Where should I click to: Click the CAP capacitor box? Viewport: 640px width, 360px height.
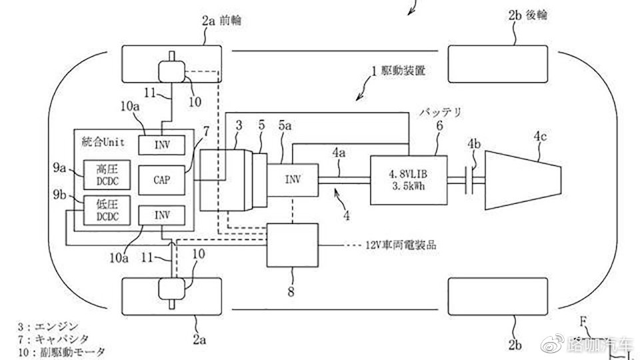point(161,180)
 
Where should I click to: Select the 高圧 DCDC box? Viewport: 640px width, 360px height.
point(107,175)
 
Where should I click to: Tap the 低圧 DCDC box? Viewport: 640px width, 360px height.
point(107,210)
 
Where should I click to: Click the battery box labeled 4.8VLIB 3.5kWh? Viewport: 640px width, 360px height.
point(408,180)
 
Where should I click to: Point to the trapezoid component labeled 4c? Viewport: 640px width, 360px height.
point(523,180)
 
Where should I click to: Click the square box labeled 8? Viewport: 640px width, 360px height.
point(292,245)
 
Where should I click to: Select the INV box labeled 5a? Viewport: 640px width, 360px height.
point(293,180)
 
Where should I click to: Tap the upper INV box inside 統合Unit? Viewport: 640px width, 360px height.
point(161,145)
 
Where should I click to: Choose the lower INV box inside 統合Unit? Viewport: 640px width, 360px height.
point(161,215)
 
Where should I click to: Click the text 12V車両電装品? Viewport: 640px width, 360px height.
point(401,245)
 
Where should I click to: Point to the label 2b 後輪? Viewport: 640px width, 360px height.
point(527,15)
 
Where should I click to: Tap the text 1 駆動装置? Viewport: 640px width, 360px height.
point(398,71)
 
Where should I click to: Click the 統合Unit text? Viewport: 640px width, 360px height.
point(103,141)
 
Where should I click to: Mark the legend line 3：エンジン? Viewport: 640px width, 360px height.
point(47,327)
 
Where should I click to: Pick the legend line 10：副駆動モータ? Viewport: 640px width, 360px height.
point(61,352)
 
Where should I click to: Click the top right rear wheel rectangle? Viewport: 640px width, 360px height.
point(498,64)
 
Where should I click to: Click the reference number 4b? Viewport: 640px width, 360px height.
point(474,144)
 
